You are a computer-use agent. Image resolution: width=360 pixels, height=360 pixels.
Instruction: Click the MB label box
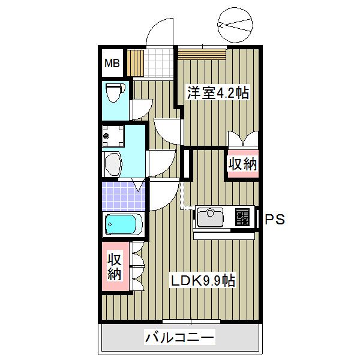(x=113, y=62)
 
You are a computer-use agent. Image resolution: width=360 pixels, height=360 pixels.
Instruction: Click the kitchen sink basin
(x=211, y=217)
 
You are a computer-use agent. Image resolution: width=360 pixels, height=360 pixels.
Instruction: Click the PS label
(x=274, y=220)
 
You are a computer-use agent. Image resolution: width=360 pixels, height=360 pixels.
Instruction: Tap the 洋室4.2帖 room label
(x=218, y=94)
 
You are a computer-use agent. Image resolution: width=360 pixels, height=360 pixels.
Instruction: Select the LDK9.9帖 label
(x=202, y=280)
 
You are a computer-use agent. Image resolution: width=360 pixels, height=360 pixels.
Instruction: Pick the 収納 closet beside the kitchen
(x=242, y=164)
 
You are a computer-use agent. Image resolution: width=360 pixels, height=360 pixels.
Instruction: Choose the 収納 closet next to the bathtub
(x=115, y=266)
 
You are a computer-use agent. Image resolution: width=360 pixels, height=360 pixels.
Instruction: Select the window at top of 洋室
(x=202, y=53)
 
